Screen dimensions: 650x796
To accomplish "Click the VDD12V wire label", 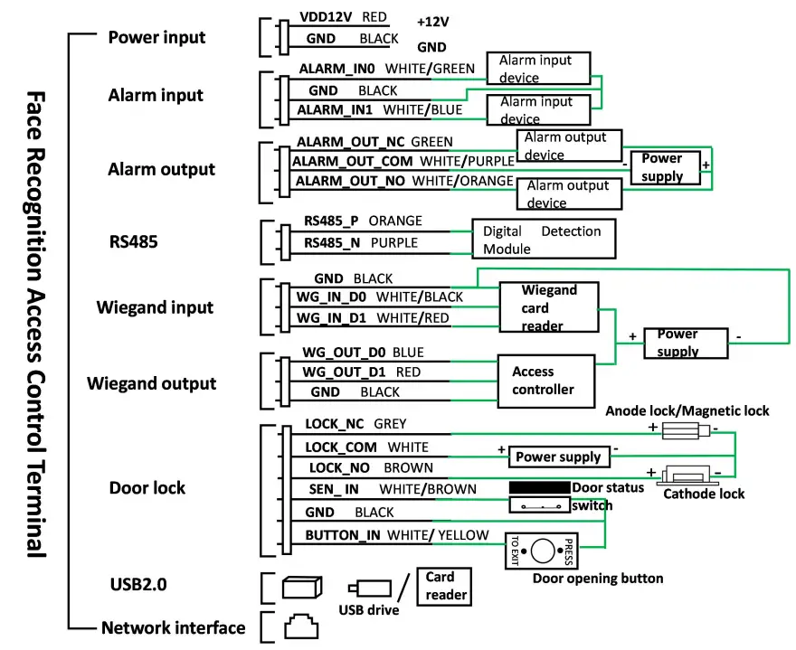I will [x=326, y=17].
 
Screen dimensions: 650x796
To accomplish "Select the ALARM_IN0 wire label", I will [x=338, y=68].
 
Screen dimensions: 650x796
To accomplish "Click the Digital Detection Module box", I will [x=543, y=240].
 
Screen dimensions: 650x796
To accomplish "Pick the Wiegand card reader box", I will [x=549, y=307].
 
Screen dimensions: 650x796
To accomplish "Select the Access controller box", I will [x=546, y=380].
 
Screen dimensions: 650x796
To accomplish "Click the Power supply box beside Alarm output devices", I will [x=665, y=167].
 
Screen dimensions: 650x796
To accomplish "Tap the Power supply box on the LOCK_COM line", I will [x=558, y=457].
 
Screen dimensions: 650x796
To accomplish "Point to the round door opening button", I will [x=542, y=551].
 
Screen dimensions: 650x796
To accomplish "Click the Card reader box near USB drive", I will [x=446, y=586].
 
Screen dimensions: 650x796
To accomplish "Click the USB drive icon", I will [x=370, y=588].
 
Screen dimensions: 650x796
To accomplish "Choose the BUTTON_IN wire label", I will [x=342, y=535].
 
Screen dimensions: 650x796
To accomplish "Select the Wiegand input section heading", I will [x=155, y=307].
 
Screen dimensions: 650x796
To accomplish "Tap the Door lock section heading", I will [x=147, y=487].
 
